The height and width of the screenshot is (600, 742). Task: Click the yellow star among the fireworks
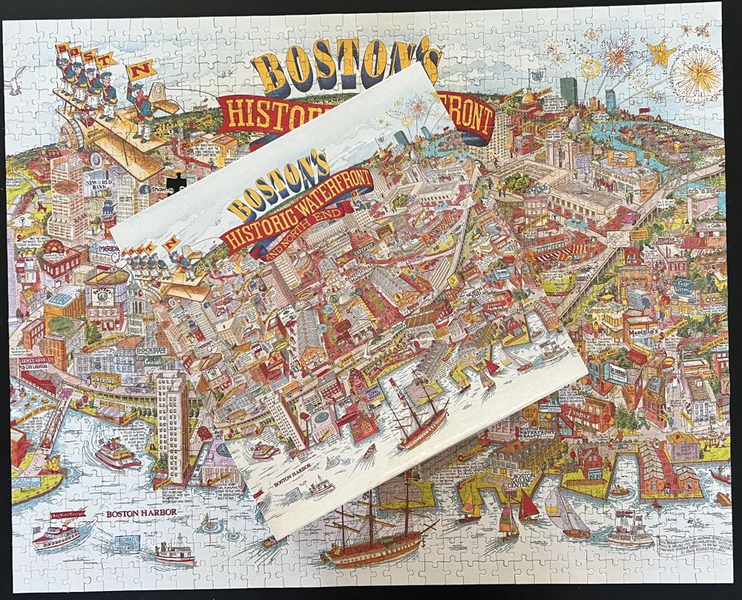[657, 53]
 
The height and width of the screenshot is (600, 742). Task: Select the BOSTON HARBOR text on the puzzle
[134, 513]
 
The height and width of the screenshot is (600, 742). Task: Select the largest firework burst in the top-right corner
[697, 76]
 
